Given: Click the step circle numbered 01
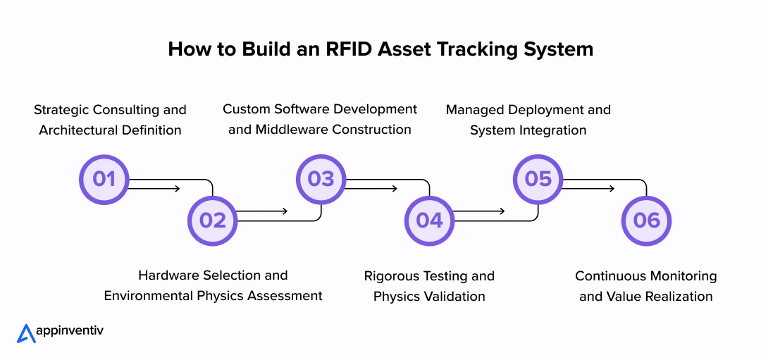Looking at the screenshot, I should [104, 179].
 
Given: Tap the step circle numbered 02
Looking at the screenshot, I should [212, 221].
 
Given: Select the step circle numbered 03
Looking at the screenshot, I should [321, 179].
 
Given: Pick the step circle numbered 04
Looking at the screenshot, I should [429, 221].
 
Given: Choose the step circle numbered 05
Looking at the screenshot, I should [538, 179].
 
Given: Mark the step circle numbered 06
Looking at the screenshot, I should [646, 221].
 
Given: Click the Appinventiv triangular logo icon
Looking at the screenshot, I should [26, 333].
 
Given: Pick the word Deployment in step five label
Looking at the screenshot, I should [545, 110].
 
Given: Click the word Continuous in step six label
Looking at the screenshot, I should [610, 276].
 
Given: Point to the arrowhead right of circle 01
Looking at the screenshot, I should [178, 189].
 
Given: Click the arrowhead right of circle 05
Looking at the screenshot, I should [612, 189].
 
